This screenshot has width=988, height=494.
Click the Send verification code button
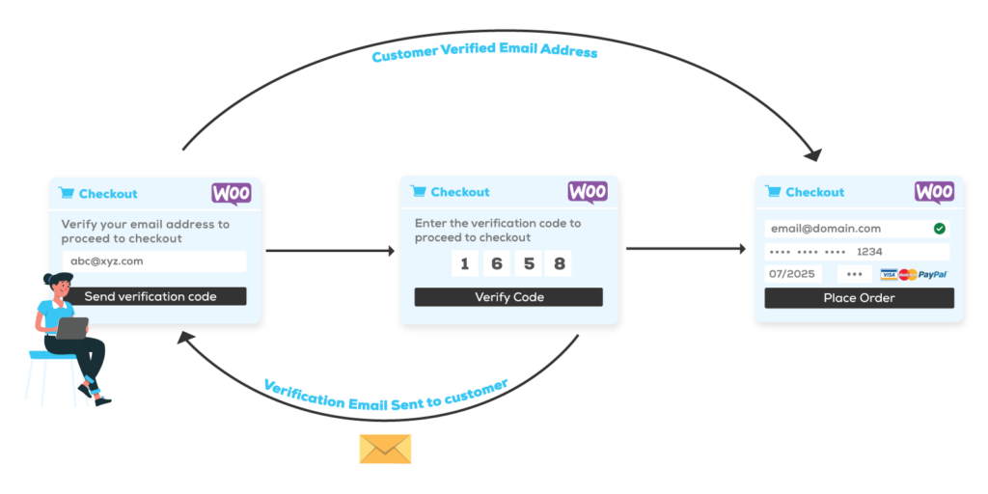click(x=151, y=296)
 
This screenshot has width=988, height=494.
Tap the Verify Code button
click(x=508, y=297)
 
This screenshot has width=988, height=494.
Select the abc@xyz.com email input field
click(x=154, y=261)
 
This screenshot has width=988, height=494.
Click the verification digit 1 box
click(x=464, y=263)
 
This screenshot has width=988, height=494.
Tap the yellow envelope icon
click(x=385, y=448)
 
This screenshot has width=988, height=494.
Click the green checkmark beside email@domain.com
click(x=939, y=229)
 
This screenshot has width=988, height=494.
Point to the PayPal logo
click(x=933, y=275)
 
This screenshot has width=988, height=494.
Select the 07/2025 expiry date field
click(x=792, y=274)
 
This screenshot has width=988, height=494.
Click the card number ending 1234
click(x=856, y=252)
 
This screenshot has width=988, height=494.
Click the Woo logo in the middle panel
click(x=588, y=191)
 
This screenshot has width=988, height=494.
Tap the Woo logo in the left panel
click(x=232, y=193)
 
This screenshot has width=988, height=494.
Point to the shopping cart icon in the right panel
click(x=773, y=191)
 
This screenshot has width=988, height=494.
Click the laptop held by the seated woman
click(x=71, y=328)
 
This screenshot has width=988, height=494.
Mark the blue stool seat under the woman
click(x=53, y=355)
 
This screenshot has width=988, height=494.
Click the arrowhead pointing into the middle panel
click(x=391, y=252)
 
